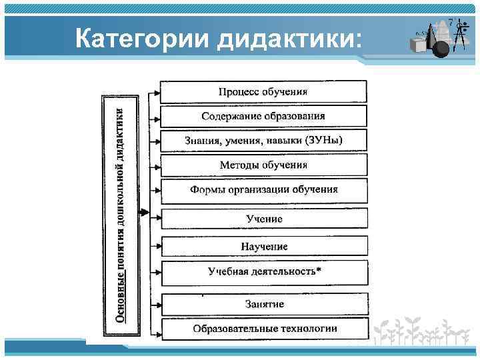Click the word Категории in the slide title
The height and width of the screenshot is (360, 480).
pos(142,38)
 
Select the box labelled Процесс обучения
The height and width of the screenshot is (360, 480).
pos(263,91)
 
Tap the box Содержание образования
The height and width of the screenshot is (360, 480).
pos(263,116)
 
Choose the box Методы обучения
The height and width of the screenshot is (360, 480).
pos(263,165)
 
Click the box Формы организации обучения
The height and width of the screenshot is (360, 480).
pos(263,189)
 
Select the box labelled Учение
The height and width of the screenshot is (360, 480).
pos(263,219)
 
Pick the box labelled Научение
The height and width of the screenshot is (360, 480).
pos(263,246)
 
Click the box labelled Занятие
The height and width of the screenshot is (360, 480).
pos(263,304)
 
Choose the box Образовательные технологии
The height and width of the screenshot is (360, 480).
pos(263,329)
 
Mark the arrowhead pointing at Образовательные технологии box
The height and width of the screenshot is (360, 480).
pos(157,329)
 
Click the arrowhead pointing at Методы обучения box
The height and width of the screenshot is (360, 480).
pos(157,165)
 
